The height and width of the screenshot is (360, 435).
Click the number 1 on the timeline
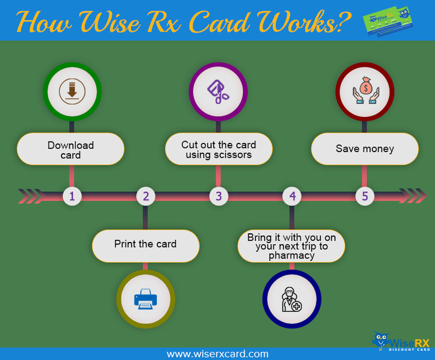pyautogui.click(x=72, y=196)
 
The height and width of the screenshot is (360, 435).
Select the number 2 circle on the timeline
pyautogui.click(x=146, y=196)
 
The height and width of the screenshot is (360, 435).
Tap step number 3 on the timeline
pyautogui.click(x=219, y=196)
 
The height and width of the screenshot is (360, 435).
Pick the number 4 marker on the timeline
pyautogui.click(x=292, y=196)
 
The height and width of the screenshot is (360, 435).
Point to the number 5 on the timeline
pyautogui.click(x=365, y=196)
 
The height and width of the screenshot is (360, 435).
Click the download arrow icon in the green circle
pyautogui.click(x=72, y=92)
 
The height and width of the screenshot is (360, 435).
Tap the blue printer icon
pyautogui.click(x=146, y=299)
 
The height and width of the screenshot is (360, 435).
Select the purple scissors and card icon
pyautogui.click(x=218, y=92)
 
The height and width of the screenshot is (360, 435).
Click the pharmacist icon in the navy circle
pyautogui.click(x=292, y=300)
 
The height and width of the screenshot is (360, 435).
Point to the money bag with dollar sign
pyautogui.click(x=366, y=86)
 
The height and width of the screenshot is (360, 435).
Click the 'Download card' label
pyautogui.click(x=71, y=150)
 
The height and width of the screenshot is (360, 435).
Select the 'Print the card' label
pyautogui.click(x=146, y=244)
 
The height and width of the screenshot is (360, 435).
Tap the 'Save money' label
pyautogui.click(x=365, y=149)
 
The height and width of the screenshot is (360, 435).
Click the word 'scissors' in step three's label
pyautogui.click(x=233, y=155)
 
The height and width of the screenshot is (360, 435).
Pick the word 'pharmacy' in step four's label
pyautogui.click(x=292, y=256)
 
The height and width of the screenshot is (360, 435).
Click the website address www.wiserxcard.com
pyautogui.click(x=217, y=354)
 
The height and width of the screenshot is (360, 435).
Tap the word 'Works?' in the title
pyautogui.click(x=304, y=22)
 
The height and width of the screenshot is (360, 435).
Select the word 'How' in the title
pyautogui.click(x=44, y=22)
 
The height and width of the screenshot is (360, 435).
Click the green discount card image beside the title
pyautogui.click(x=388, y=21)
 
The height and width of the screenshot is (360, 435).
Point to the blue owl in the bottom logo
pyautogui.click(x=380, y=340)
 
